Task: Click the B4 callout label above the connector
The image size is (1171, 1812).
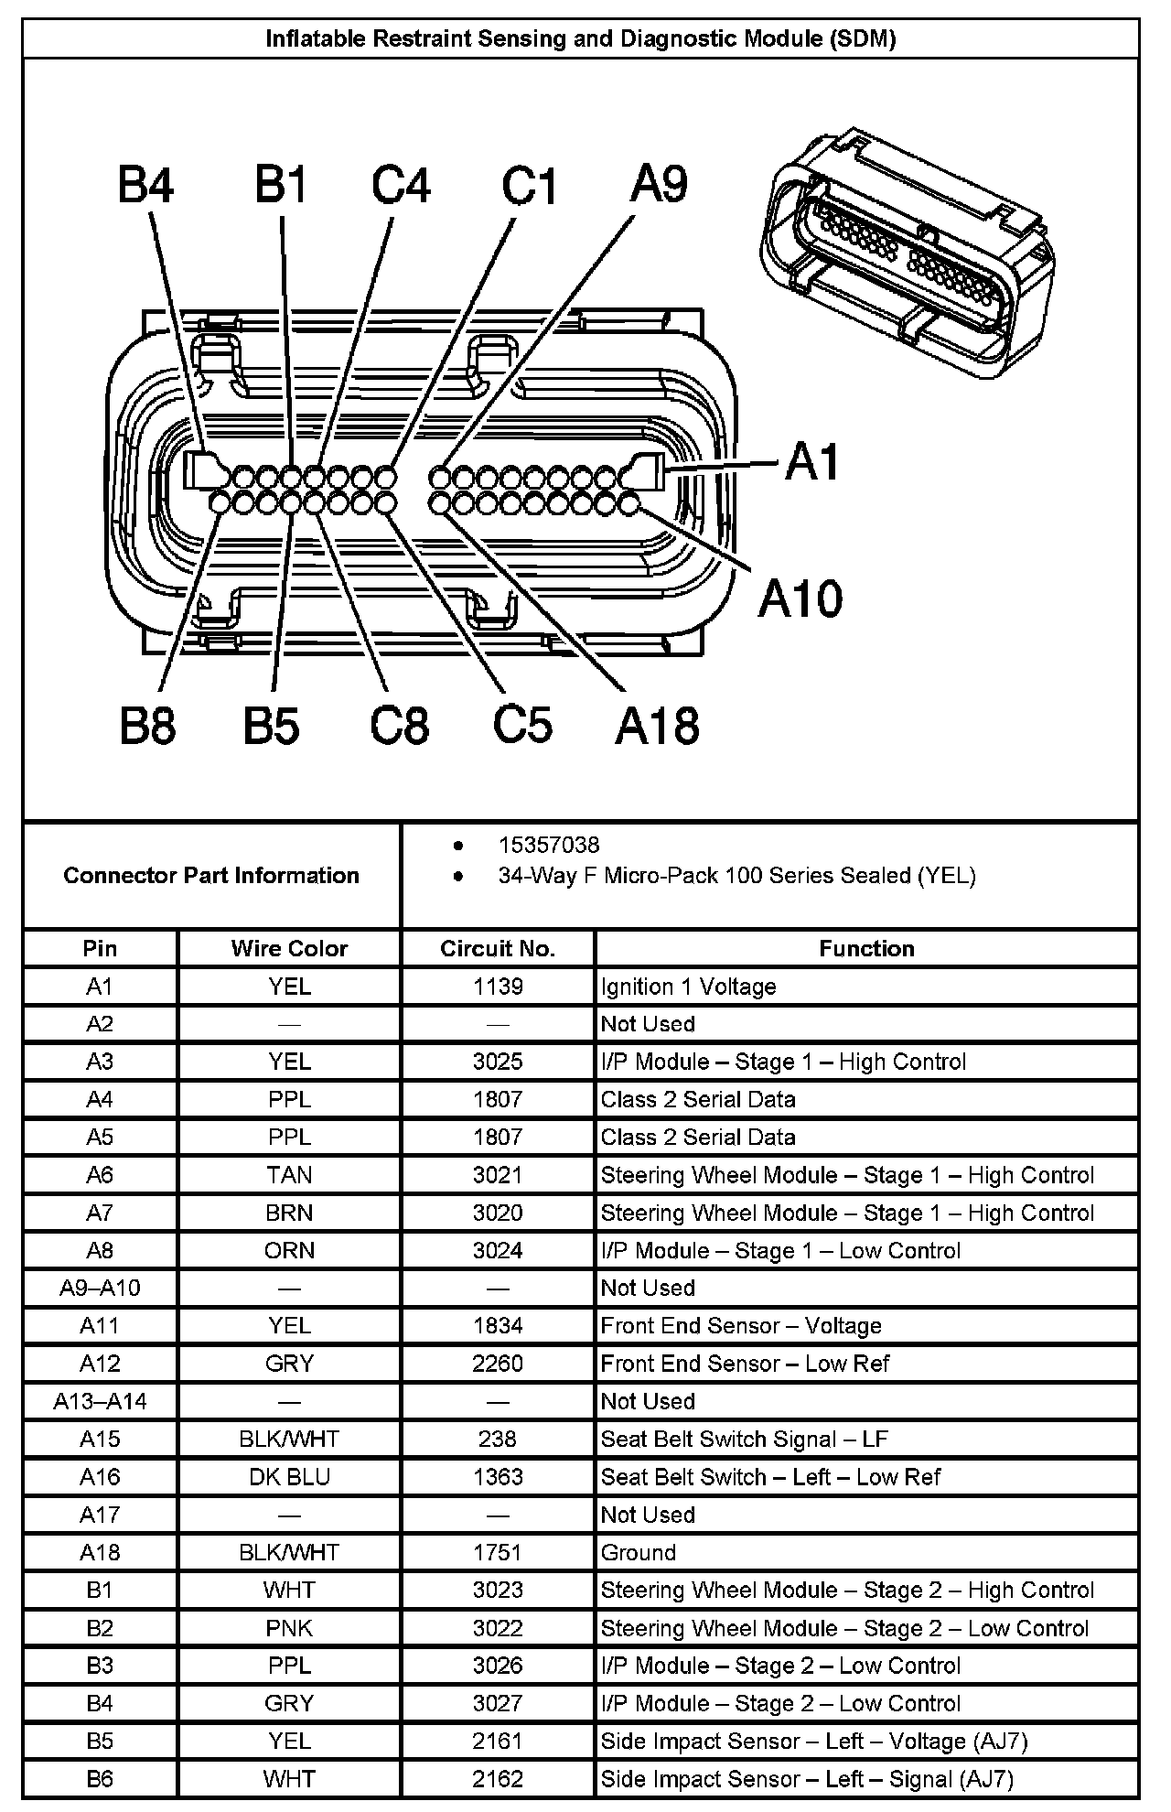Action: click(145, 185)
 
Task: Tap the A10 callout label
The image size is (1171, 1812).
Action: click(800, 599)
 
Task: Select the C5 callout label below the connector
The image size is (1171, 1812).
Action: click(522, 724)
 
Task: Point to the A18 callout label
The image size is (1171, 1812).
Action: click(657, 726)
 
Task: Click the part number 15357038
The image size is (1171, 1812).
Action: click(549, 845)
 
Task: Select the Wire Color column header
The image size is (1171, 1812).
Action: click(289, 948)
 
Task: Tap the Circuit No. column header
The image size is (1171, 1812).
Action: click(498, 948)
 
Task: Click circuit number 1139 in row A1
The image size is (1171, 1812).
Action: click(498, 987)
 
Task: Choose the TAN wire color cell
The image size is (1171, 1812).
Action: click(289, 1175)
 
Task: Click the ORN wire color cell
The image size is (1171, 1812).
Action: click(289, 1250)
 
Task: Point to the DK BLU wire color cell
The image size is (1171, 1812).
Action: click(289, 1477)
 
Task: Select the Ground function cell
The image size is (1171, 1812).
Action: click(639, 1552)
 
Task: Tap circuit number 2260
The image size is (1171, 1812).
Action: click(498, 1364)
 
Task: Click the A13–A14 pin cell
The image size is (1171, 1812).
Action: click(100, 1401)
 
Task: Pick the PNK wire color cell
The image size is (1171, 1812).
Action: click(289, 1628)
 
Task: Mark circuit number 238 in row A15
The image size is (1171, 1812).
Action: click(498, 1439)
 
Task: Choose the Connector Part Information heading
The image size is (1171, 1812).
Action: click(211, 876)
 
